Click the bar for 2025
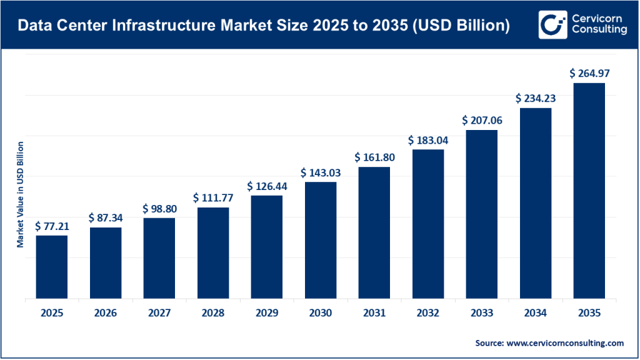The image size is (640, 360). coord(52,267)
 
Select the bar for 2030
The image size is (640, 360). coord(321,240)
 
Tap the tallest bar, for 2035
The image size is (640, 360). coord(589,191)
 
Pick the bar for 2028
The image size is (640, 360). coord(213,252)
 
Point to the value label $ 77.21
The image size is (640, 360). coord(52,226)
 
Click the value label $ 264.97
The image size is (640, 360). coord(589,73)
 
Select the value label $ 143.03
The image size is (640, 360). coord(321,172)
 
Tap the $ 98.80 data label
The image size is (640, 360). coord(159,208)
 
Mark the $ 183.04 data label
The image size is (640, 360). coord(428,140)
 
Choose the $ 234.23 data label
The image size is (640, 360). coord(536,98)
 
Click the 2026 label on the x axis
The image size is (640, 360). coord(106,314)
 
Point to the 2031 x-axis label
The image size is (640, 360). coord(374,314)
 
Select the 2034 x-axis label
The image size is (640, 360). coord(536,314)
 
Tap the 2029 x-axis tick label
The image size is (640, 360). coord(267,314)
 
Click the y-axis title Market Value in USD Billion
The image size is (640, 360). coord(20,194)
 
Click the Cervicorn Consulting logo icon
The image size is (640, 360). coord(551,25)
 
